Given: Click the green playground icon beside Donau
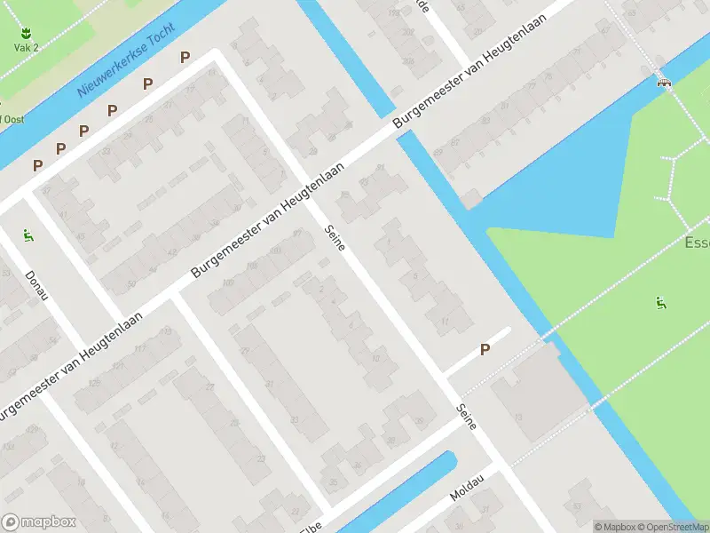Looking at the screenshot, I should [x=28, y=235].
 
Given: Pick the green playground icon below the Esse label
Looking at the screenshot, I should [x=661, y=303].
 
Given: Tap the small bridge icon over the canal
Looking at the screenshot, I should [x=663, y=82].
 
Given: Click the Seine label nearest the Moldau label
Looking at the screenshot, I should [x=467, y=417].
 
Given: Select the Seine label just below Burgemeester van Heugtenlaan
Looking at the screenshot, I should [x=335, y=236].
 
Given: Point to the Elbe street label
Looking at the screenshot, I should [x=311, y=526].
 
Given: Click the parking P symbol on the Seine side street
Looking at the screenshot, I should [x=485, y=350].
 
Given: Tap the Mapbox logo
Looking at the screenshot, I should [x=39, y=522].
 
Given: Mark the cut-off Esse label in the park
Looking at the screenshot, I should [x=697, y=243].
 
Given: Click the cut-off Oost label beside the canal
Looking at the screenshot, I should [x=12, y=118].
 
